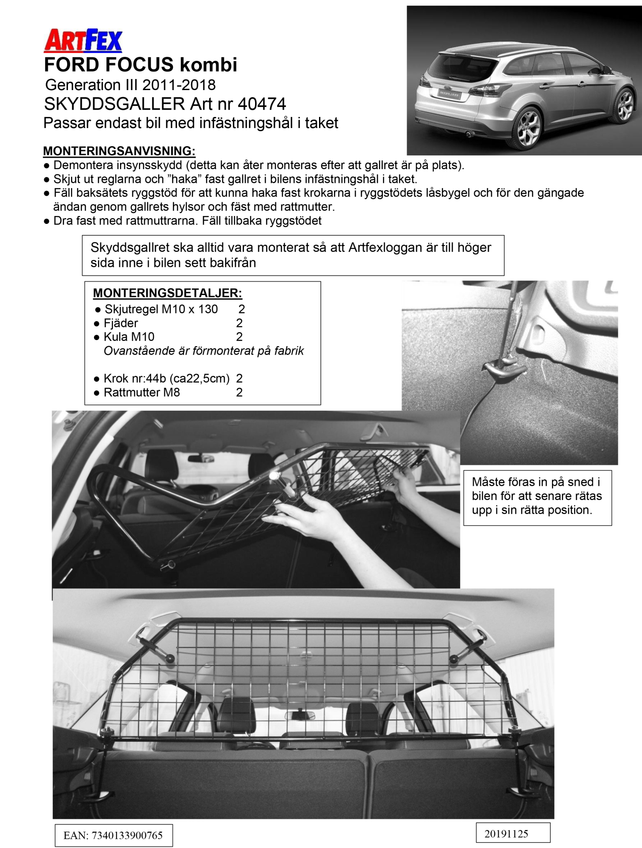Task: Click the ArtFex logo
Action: click(x=83, y=41)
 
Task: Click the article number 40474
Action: click(x=262, y=104)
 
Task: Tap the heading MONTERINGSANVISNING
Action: click(x=119, y=151)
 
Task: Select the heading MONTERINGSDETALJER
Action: click(x=167, y=293)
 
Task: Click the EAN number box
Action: click(x=113, y=835)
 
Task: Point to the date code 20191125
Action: click(x=513, y=833)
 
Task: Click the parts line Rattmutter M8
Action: click(x=142, y=392)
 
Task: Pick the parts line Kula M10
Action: click(x=129, y=337)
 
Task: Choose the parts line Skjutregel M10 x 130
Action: click(x=161, y=309)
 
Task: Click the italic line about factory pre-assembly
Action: click(x=203, y=351)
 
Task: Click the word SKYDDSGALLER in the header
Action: click(x=114, y=104)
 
